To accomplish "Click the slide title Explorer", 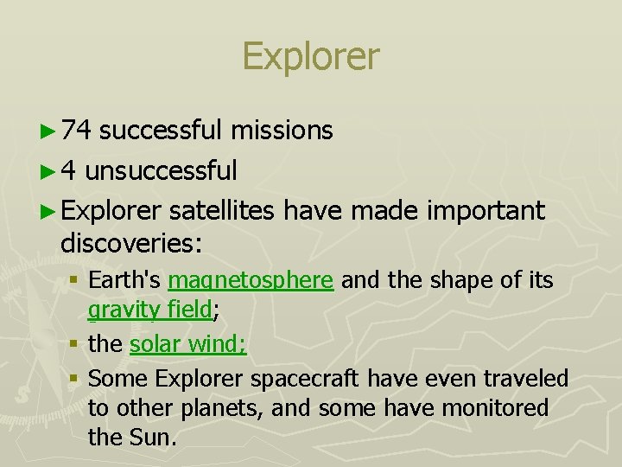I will [x=310, y=56].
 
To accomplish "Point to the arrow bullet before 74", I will [x=48, y=131].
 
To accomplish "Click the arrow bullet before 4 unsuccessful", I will [x=48, y=171].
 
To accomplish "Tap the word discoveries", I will [x=130, y=244].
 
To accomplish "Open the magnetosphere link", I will [x=251, y=281].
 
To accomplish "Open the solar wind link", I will [x=187, y=344].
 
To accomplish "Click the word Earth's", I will [x=125, y=281].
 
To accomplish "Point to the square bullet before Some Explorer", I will [x=76, y=379].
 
